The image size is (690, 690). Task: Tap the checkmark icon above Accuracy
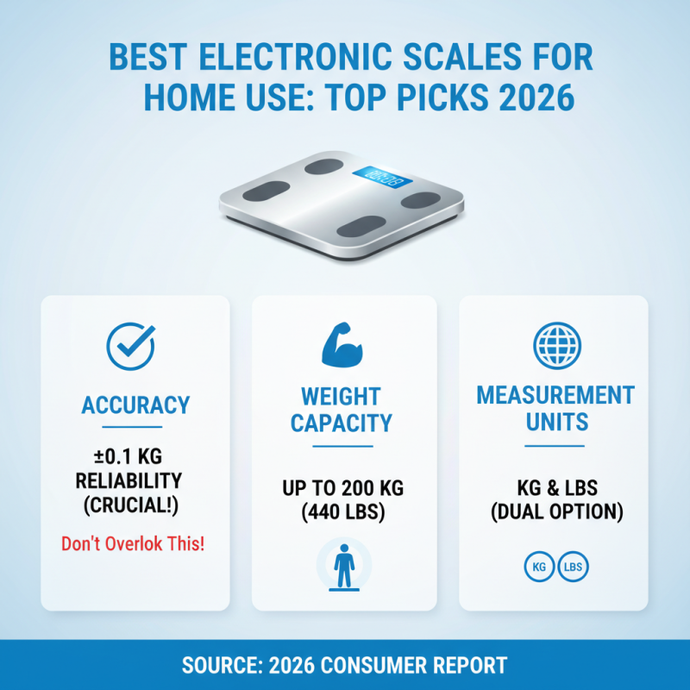130,347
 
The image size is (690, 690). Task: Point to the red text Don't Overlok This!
134,544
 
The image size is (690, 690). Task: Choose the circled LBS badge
573,568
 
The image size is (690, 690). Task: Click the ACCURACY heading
135,405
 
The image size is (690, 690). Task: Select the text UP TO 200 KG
343,489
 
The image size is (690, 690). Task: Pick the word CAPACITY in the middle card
342,423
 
